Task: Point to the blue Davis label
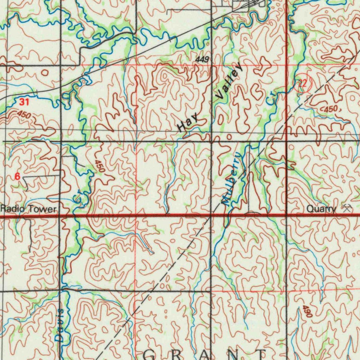pos(60,325)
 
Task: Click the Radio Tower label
pos(28,209)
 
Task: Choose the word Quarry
pos(321,209)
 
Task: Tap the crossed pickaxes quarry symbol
pos(347,208)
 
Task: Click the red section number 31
pos(24,102)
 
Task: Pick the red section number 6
pos(17,177)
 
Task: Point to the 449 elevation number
pos(202,60)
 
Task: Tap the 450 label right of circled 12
pos(330,110)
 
